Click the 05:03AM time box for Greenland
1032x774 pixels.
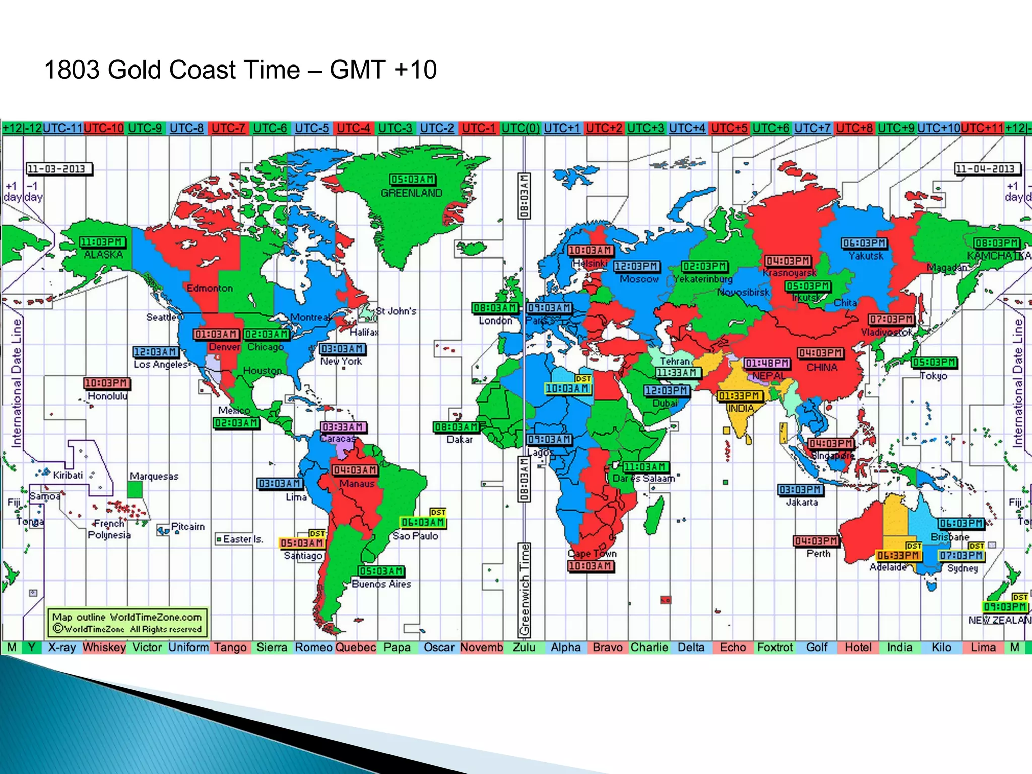(x=413, y=180)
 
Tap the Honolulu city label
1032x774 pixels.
(x=107, y=396)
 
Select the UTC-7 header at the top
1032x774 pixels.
(x=228, y=128)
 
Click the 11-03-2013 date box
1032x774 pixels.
(x=59, y=169)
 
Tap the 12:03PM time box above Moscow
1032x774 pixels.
(x=636, y=266)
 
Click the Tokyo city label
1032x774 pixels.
(x=933, y=376)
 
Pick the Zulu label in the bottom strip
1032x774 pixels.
(x=524, y=648)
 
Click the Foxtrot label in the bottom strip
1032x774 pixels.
(x=775, y=648)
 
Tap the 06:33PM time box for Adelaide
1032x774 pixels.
(x=898, y=555)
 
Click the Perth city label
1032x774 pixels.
(x=818, y=553)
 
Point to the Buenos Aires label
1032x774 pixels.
(x=381, y=584)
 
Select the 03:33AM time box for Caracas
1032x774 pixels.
(x=343, y=427)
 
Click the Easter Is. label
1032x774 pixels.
(x=242, y=539)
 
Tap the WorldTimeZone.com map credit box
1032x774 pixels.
(x=127, y=623)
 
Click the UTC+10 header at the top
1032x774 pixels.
(x=938, y=128)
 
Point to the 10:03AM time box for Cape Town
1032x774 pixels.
(x=591, y=566)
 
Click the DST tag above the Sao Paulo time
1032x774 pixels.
(x=438, y=512)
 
